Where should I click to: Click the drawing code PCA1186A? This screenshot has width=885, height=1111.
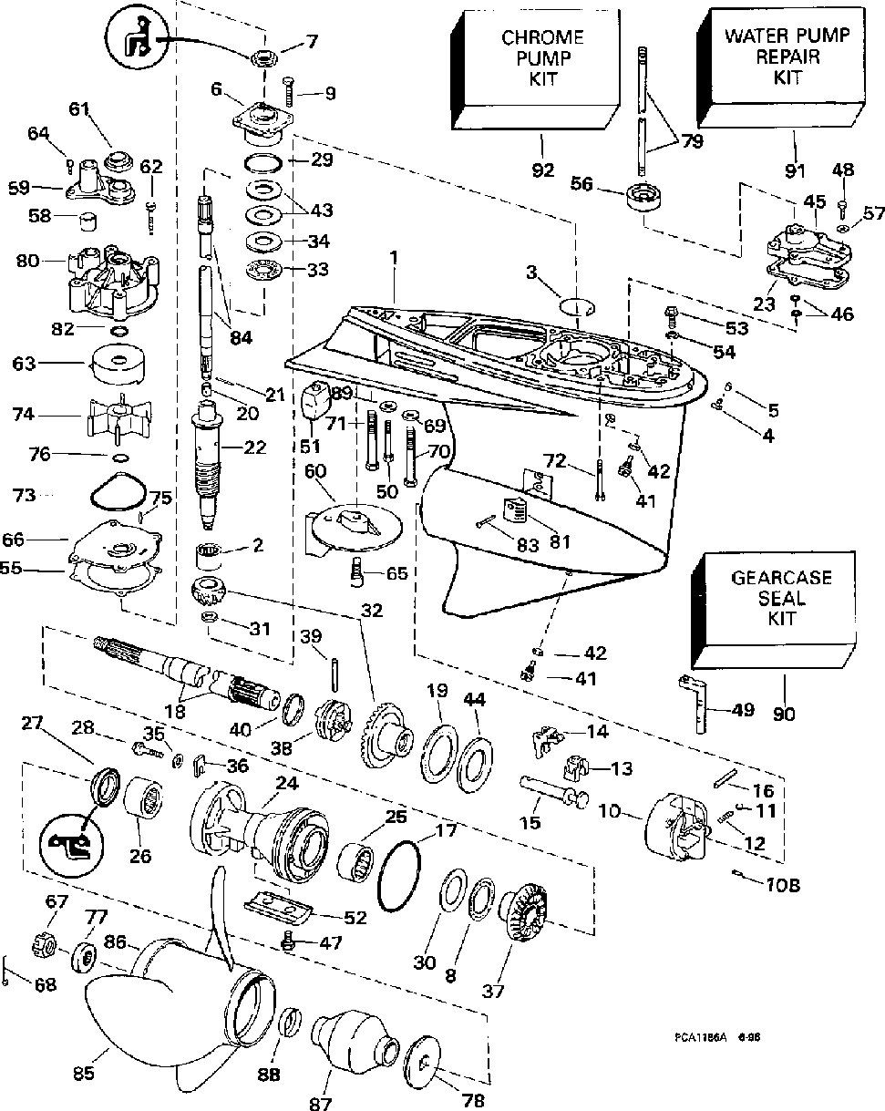700,1036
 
